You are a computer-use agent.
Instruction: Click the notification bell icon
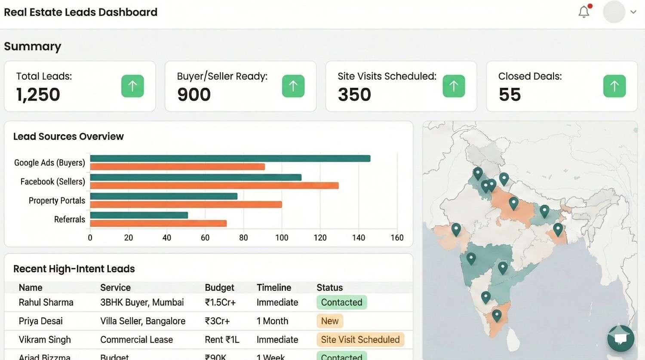pyautogui.click(x=584, y=12)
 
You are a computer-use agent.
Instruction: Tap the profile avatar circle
pyautogui.click(x=614, y=12)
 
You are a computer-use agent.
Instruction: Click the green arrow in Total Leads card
pyautogui.click(x=132, y=86)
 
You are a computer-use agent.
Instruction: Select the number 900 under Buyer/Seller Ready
pyautogui.click(x=194, y=95)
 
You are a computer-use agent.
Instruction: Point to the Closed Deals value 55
pyautogui.click(x=510, y=95)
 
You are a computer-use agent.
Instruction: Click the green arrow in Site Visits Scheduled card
pyautogui.click(x=454, y=86)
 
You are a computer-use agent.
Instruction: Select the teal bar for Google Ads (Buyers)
pyautogui.click(x=230, y=158)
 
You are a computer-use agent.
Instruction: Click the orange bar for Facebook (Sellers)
pyautogui.click(x=214, y=186)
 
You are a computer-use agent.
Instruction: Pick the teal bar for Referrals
pyautogui.click(x=139, y=215)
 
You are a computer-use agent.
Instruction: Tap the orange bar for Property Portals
pyautogui.click(x=186, y=205)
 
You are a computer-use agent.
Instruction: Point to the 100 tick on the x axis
pyautogui.click(x=282, y=238)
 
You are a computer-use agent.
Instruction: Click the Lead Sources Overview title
pyautogui.click(x=68, y=136)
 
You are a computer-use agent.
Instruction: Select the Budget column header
pyautogui.click(x=219, y=287)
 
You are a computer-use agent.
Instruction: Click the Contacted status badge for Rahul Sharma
pyautogui.click(x=341, y=302)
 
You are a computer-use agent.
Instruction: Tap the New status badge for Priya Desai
pyautogui.click(x=330, y=321)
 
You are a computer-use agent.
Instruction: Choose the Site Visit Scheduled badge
pyautogui.click(x=360, y=340)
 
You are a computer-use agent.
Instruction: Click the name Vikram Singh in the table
pyautogui.click(x=45, y=340)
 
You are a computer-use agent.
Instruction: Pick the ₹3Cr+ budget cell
pyautogui.click(x=217, y=321)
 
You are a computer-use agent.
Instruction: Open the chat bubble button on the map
pyautogui.click(x=620, y=338)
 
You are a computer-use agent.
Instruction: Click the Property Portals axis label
pyautogui.click(x=57, y=200)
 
